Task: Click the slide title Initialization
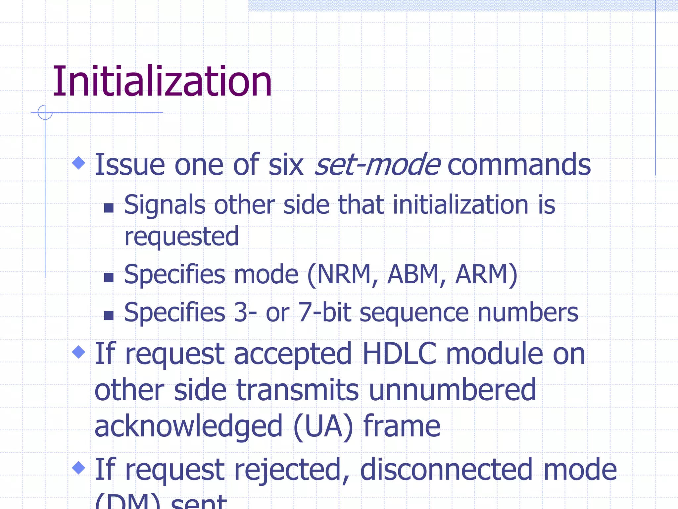(x=162, y=82)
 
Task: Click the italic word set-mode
(x=377, y=165)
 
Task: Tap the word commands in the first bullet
(x=519, y=165)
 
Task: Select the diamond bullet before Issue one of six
(x=78, y=163)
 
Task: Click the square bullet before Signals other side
(x=109, y=208)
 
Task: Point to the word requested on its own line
(x=181, y=237)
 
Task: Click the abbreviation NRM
(x=343, y=274)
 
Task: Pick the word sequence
(x=414, y=313)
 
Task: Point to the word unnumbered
(x=452, y=390)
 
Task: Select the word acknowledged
(x=188, y=427)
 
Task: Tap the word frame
(x=402, y=426)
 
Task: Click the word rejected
(x=287, y=470)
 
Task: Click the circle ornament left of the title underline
(x=45, y=112)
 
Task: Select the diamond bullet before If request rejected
(x=78, y=468)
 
